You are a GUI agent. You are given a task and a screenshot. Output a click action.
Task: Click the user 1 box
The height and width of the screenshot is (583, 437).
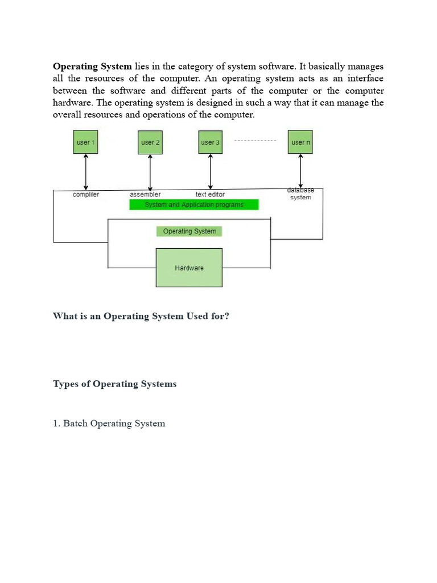[x=86, y=142]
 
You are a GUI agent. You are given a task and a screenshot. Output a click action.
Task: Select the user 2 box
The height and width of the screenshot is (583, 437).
[x=150, y=142]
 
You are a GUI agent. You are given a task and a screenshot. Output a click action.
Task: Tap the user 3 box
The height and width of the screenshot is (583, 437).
[x=211, y=142]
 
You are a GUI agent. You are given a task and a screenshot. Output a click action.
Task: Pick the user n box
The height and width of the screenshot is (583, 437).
[x=300, y=142]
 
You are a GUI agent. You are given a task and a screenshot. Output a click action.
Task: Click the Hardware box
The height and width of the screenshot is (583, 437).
[x=189, y=268]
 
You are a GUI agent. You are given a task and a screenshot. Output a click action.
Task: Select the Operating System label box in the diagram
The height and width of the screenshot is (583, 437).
[x=189, y=231]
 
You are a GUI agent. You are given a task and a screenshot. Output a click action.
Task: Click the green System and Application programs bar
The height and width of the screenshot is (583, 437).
[x=193, y=204]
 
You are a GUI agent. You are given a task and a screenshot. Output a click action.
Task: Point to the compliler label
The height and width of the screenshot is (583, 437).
[x=86, y=195]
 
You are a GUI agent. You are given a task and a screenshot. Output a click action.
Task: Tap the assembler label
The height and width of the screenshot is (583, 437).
[x=145, y=195]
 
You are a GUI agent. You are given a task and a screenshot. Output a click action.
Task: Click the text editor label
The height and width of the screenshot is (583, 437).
[x=210, y=195]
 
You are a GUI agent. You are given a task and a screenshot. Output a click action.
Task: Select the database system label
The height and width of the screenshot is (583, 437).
[x=300, y=194]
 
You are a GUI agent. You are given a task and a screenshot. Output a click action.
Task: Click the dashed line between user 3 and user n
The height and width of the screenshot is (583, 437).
[x=255, y=141]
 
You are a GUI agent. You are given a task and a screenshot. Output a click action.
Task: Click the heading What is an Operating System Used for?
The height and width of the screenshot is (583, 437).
[x=141, y=316]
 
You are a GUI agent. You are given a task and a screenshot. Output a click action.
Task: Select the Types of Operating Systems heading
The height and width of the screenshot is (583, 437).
[x=114, y=384]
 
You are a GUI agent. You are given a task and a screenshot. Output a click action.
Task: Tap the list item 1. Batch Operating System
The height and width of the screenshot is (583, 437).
[x=109, y=424]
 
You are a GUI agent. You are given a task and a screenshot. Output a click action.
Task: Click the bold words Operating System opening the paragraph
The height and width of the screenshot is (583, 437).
[x=92, y=67]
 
